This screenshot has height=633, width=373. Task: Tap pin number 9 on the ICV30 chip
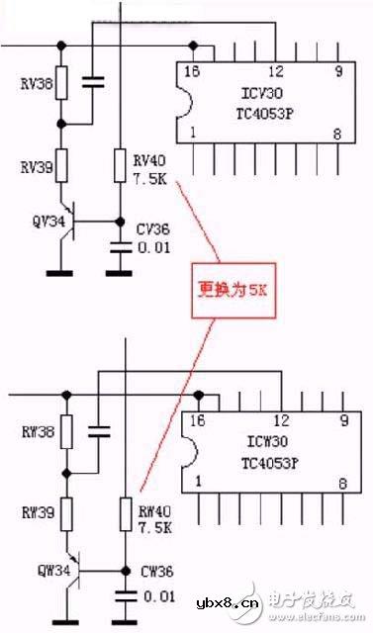(x=337, y=71)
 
